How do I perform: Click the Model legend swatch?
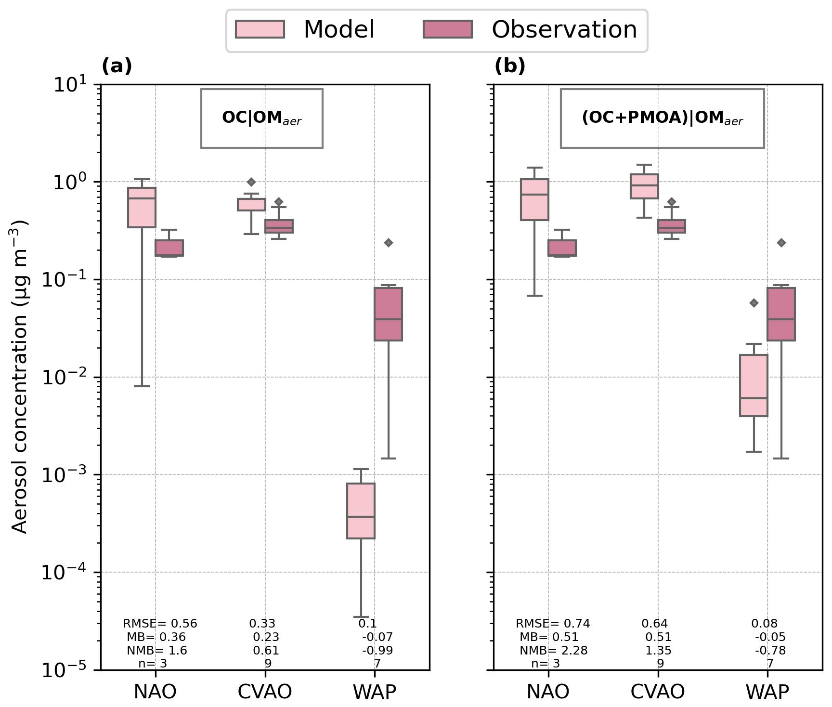point(260,29)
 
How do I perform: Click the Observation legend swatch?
point(447,29)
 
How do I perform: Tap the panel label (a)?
point(117,66)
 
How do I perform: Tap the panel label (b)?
point(509,66)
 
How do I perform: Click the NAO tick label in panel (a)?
point(155,692)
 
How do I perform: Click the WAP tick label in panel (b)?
point(767,692)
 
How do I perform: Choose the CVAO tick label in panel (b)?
point(658,692)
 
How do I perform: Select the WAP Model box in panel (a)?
point(361,511)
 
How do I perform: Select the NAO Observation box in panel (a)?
point(169,248)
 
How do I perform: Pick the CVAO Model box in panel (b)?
point(644,186)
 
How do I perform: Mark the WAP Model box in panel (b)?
point(754,385)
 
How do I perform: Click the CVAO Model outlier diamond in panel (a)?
point(251,182)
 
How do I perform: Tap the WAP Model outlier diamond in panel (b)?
point(754,303)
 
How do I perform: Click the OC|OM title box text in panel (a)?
point(261,118)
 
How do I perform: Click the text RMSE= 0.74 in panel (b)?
point(553,624)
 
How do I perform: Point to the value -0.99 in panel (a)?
point(377,651)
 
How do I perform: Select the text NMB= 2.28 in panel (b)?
point(553,651)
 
